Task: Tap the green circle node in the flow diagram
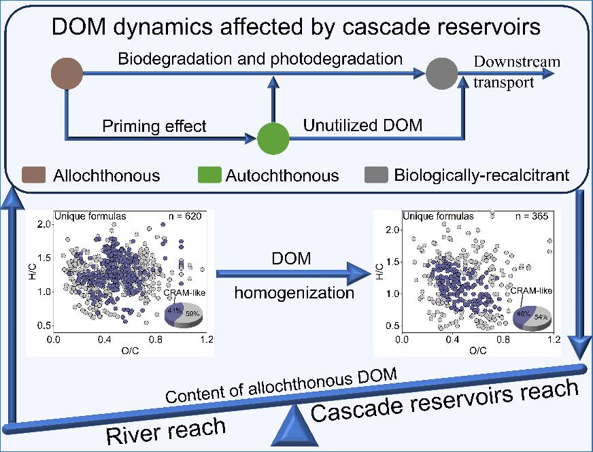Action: pos(274,139)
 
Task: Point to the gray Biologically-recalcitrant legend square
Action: pos(375,175)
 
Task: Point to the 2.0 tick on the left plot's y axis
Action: pos(43,224)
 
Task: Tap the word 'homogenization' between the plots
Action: pos(294,294)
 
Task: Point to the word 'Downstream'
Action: pos(517,62)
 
